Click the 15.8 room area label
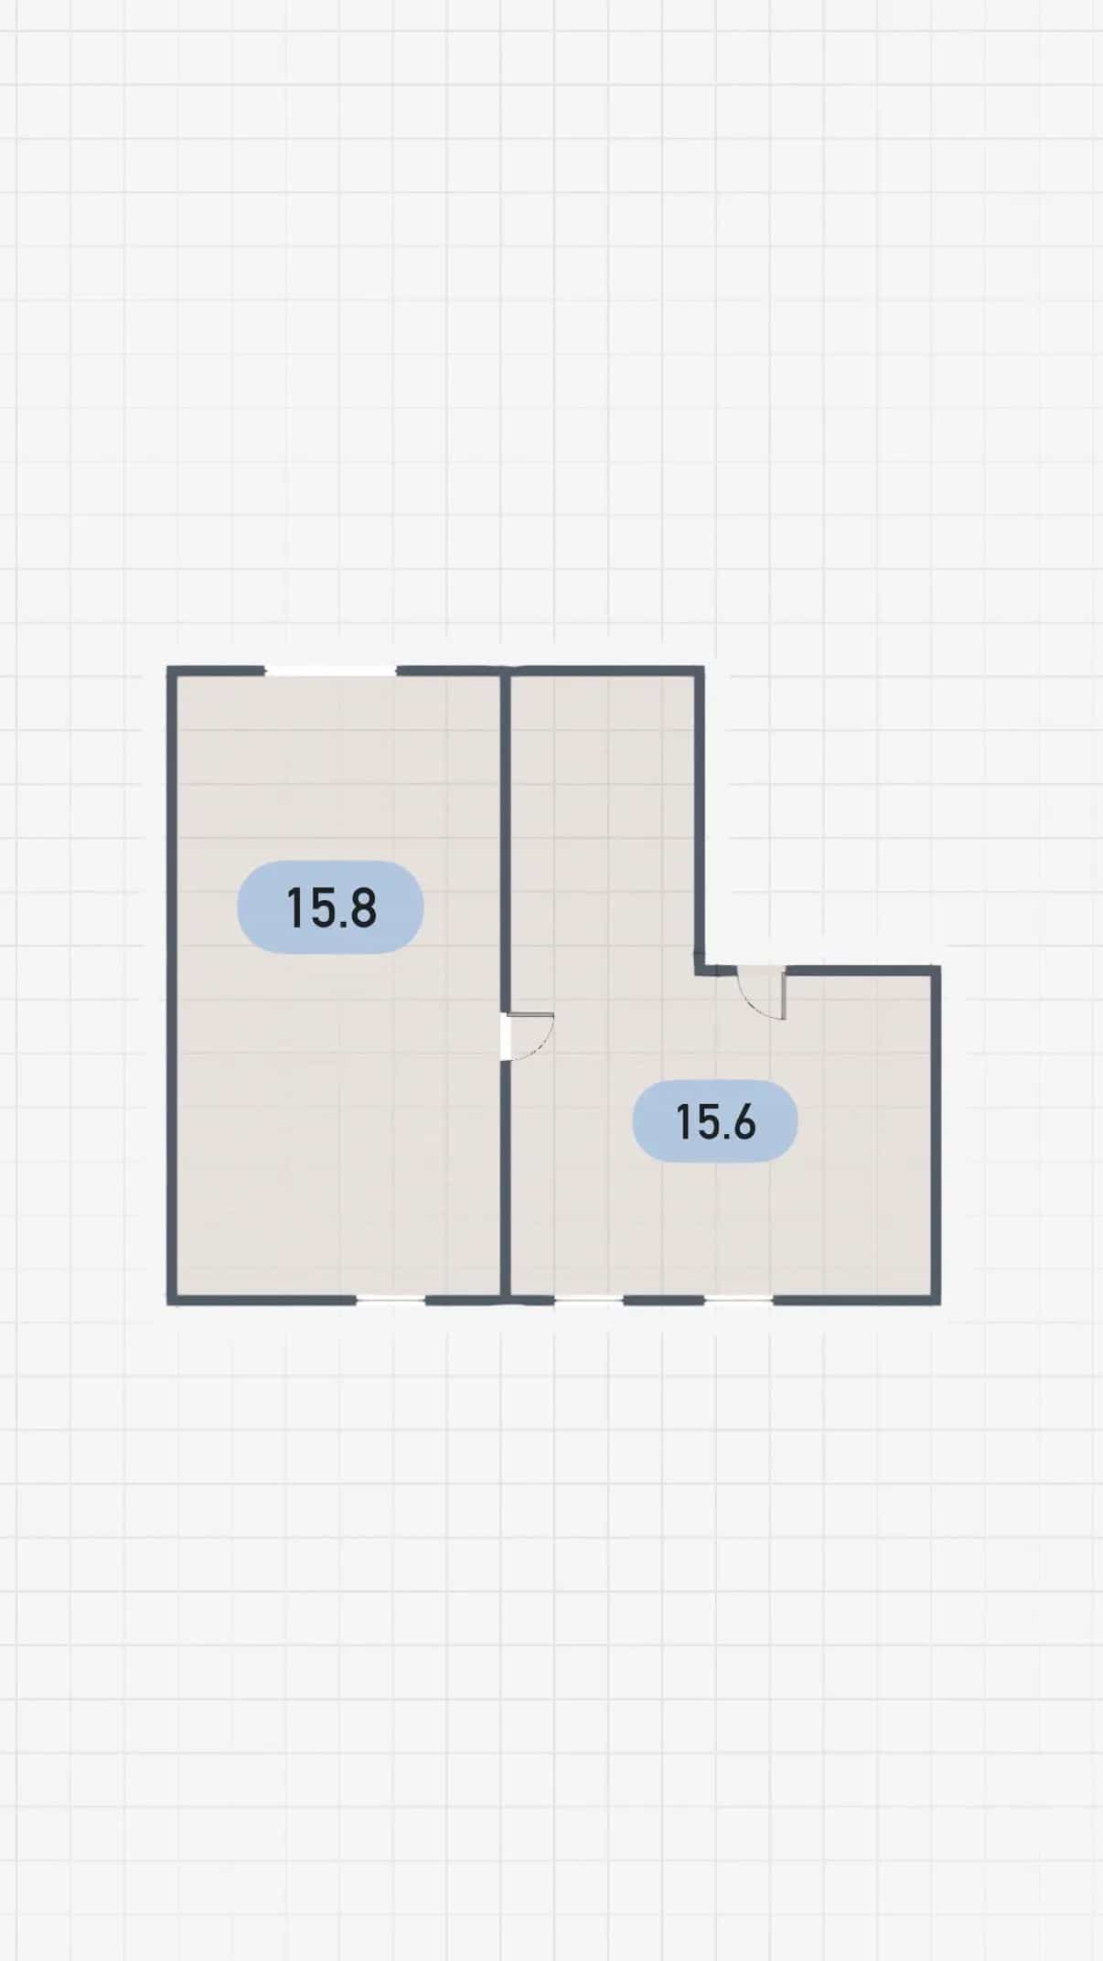[x=330, y=907]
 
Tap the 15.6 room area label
[x=715, y=1120]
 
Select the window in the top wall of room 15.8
[x=330, y=670]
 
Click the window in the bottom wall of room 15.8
[x=391, y=1299]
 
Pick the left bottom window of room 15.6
[x=589, y=1299]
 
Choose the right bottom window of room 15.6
[x=739, y=1299]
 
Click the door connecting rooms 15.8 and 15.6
[x=529, y=1036]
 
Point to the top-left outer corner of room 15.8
[x=167, y=667]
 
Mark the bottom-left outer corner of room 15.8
[x=167, y=1303]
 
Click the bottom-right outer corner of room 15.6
[x=939, y=1303]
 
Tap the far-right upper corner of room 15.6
[x=939, y=967]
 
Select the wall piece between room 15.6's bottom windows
[x=664, y=1299]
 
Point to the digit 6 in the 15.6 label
[x=743, y=1121]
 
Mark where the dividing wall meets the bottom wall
[x=505, y=1299]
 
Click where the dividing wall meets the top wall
[x=505, y=671]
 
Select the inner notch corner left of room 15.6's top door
[x=700, y=970]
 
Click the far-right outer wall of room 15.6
[x=936, y=1135]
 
